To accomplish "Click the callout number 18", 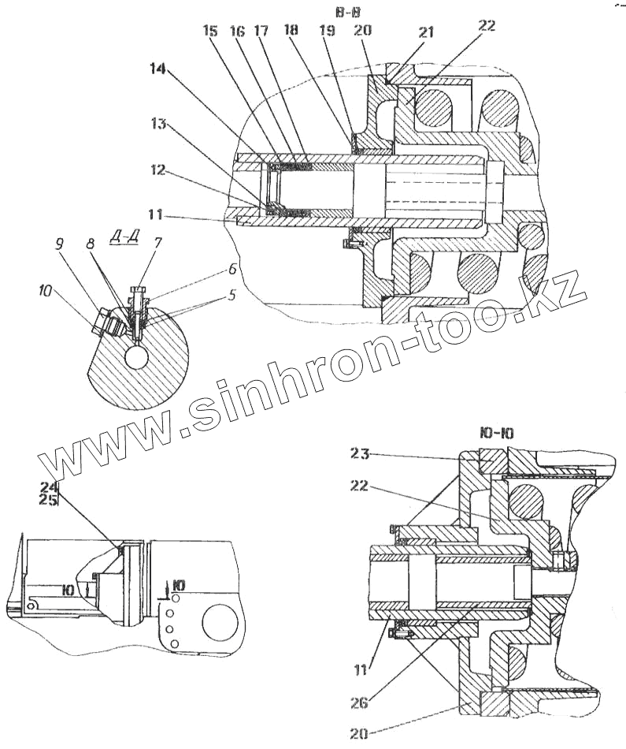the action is click(x=291, y=30).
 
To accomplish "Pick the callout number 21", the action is click(x=427, y=33).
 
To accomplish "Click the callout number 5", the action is click(x=231, y=297).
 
